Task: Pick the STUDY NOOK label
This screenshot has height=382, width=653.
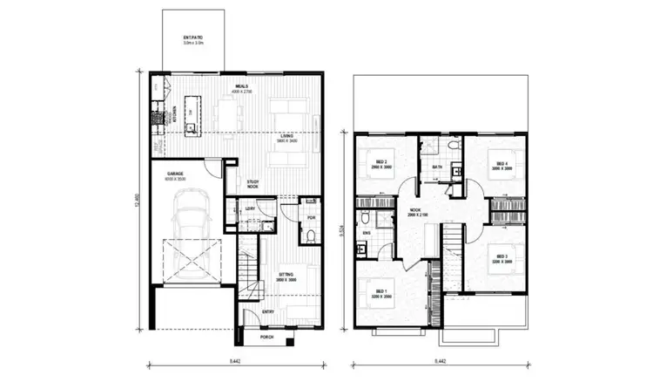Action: [251, 184]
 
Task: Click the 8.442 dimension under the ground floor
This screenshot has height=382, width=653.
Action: [235, 360]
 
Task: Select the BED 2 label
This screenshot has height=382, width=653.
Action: [381, 162]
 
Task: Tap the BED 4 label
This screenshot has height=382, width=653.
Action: [502, 163]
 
